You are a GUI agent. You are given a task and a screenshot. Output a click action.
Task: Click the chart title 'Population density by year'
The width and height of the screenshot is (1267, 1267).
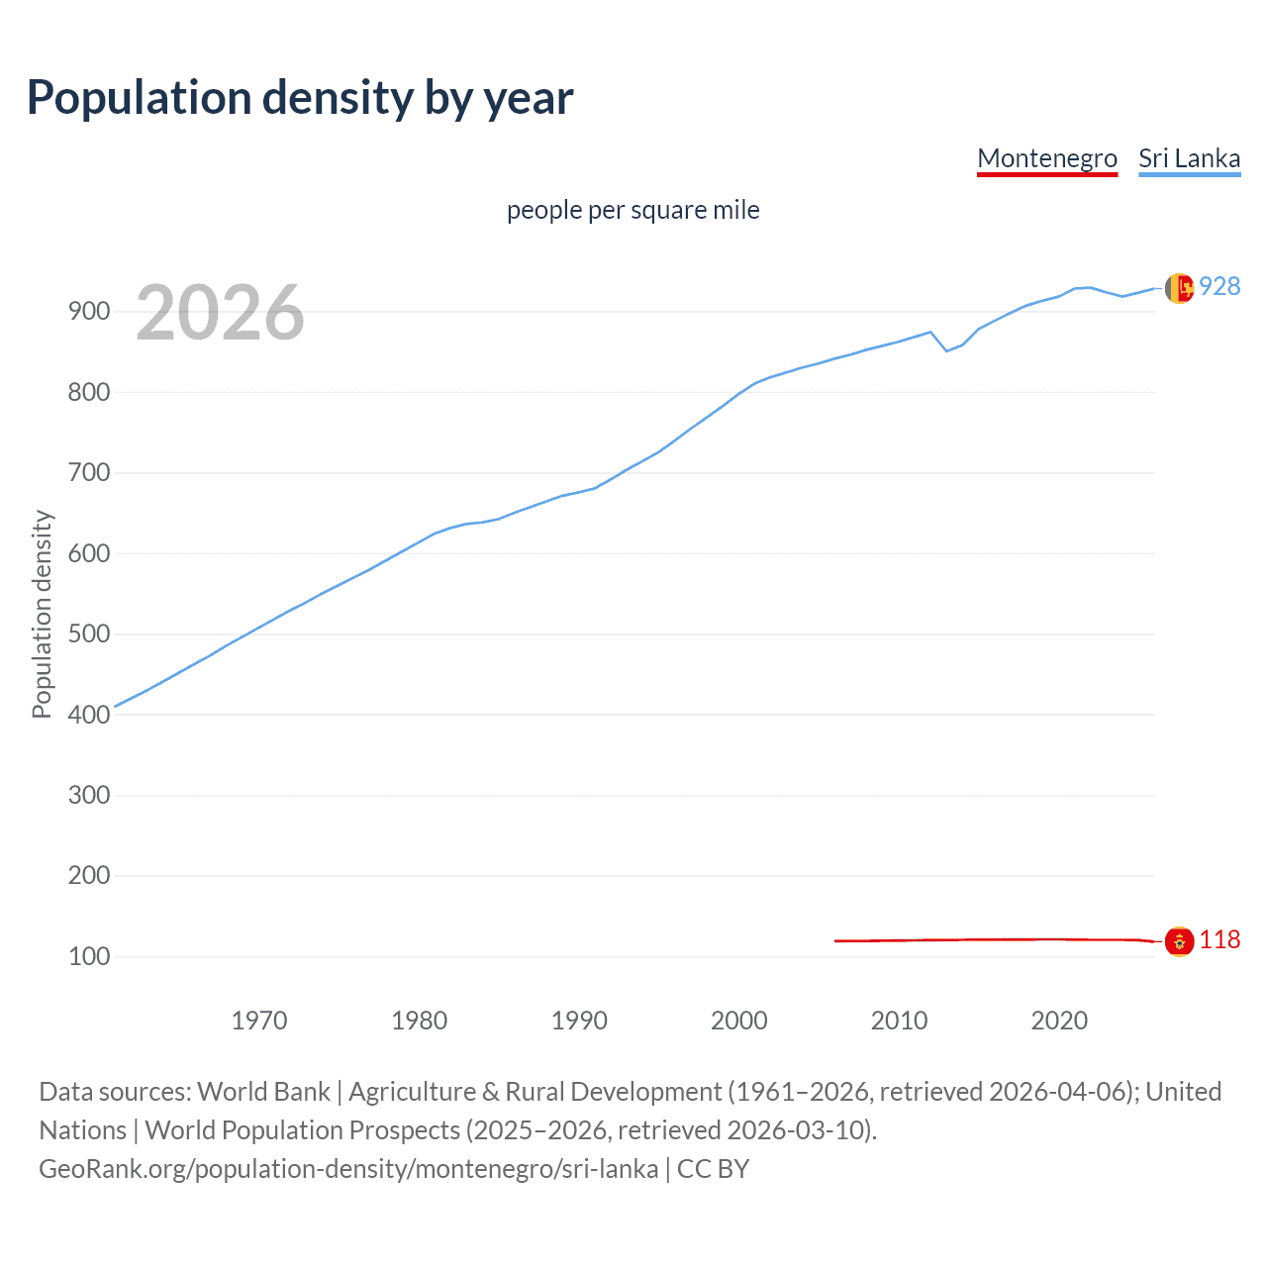pos(300,98)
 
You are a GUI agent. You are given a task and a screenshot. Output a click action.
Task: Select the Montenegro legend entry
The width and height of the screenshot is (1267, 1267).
pos(1046,158)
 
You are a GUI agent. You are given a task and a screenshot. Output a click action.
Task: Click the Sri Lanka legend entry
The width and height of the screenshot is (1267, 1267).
pos(1189,158)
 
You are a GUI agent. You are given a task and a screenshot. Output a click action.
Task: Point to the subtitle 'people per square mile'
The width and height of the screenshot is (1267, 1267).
pos(633,210)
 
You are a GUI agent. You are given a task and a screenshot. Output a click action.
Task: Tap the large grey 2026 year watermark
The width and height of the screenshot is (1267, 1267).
pos(220,313)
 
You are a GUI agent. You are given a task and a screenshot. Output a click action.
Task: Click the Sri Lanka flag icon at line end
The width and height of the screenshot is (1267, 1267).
pos(1178,288)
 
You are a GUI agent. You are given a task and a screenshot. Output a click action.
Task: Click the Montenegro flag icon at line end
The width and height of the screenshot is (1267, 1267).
pos(1178,941)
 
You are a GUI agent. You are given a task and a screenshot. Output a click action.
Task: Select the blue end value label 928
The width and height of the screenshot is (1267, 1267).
pos(1219,286)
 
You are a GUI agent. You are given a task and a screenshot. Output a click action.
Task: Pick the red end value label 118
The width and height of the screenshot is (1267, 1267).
pos(1219,939)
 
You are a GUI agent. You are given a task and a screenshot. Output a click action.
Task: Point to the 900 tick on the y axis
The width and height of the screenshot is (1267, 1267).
pos(88,312)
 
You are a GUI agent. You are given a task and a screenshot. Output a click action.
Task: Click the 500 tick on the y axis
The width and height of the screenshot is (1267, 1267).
pos(88,634)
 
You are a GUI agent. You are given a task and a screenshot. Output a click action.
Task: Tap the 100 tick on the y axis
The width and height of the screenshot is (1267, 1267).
pos(88,957)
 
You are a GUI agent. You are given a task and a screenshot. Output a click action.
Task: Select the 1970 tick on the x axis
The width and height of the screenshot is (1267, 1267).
pos(259,1021)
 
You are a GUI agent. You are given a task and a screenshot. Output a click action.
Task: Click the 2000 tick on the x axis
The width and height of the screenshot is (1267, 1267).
pos(739,1021)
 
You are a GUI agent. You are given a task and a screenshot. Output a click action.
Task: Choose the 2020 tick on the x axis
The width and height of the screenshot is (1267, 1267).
pos(1059,1021)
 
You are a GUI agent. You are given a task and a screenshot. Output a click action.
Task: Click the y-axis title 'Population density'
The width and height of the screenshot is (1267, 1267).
pos(42,614)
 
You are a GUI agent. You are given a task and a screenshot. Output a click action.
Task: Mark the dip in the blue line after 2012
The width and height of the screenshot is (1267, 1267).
pos(946,350)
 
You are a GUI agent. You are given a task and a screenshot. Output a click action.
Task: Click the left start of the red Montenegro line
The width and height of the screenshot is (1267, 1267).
pos(836,940)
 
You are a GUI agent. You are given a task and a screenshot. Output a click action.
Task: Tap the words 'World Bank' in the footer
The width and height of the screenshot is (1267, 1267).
pos(263,1092)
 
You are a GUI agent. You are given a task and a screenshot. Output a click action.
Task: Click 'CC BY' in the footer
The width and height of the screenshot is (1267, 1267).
pos(713,1169)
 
